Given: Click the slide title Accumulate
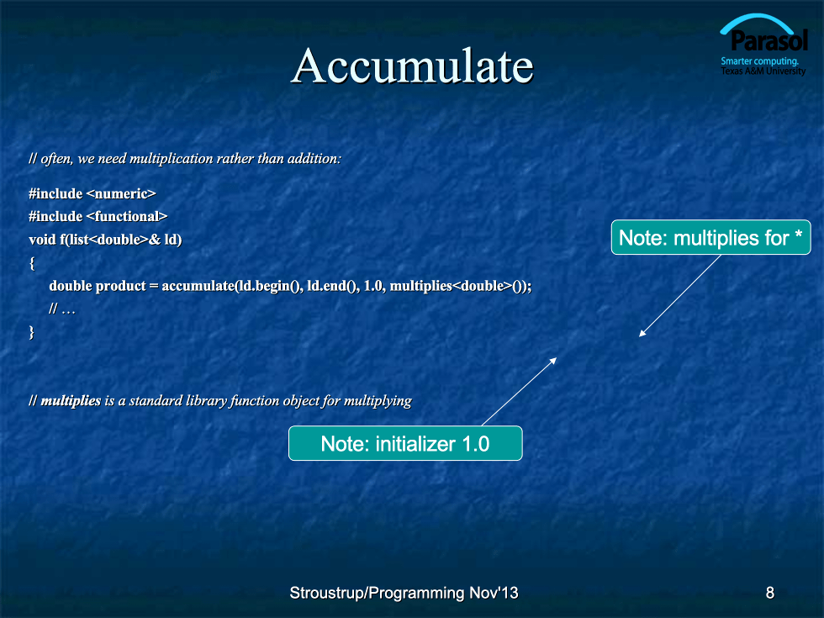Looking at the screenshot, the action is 413,66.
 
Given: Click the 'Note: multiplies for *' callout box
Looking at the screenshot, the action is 710,237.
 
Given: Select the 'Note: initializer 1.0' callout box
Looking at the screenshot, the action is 405,444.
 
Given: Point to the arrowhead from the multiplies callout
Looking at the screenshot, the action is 642,333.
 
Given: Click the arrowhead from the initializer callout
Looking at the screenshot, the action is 553,361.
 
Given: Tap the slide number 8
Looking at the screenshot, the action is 770,593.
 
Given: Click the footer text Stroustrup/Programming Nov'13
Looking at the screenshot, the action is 404,593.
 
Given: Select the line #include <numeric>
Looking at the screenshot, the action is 92,194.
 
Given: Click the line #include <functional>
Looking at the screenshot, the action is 98,217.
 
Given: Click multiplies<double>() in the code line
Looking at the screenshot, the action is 458,286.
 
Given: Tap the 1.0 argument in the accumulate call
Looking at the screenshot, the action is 373,286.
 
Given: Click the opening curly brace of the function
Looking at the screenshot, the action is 32,262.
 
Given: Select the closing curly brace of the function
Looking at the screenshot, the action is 32,332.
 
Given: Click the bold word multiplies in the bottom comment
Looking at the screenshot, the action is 71,401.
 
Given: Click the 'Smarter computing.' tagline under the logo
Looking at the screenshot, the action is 759,61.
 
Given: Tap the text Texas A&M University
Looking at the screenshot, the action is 763,71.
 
